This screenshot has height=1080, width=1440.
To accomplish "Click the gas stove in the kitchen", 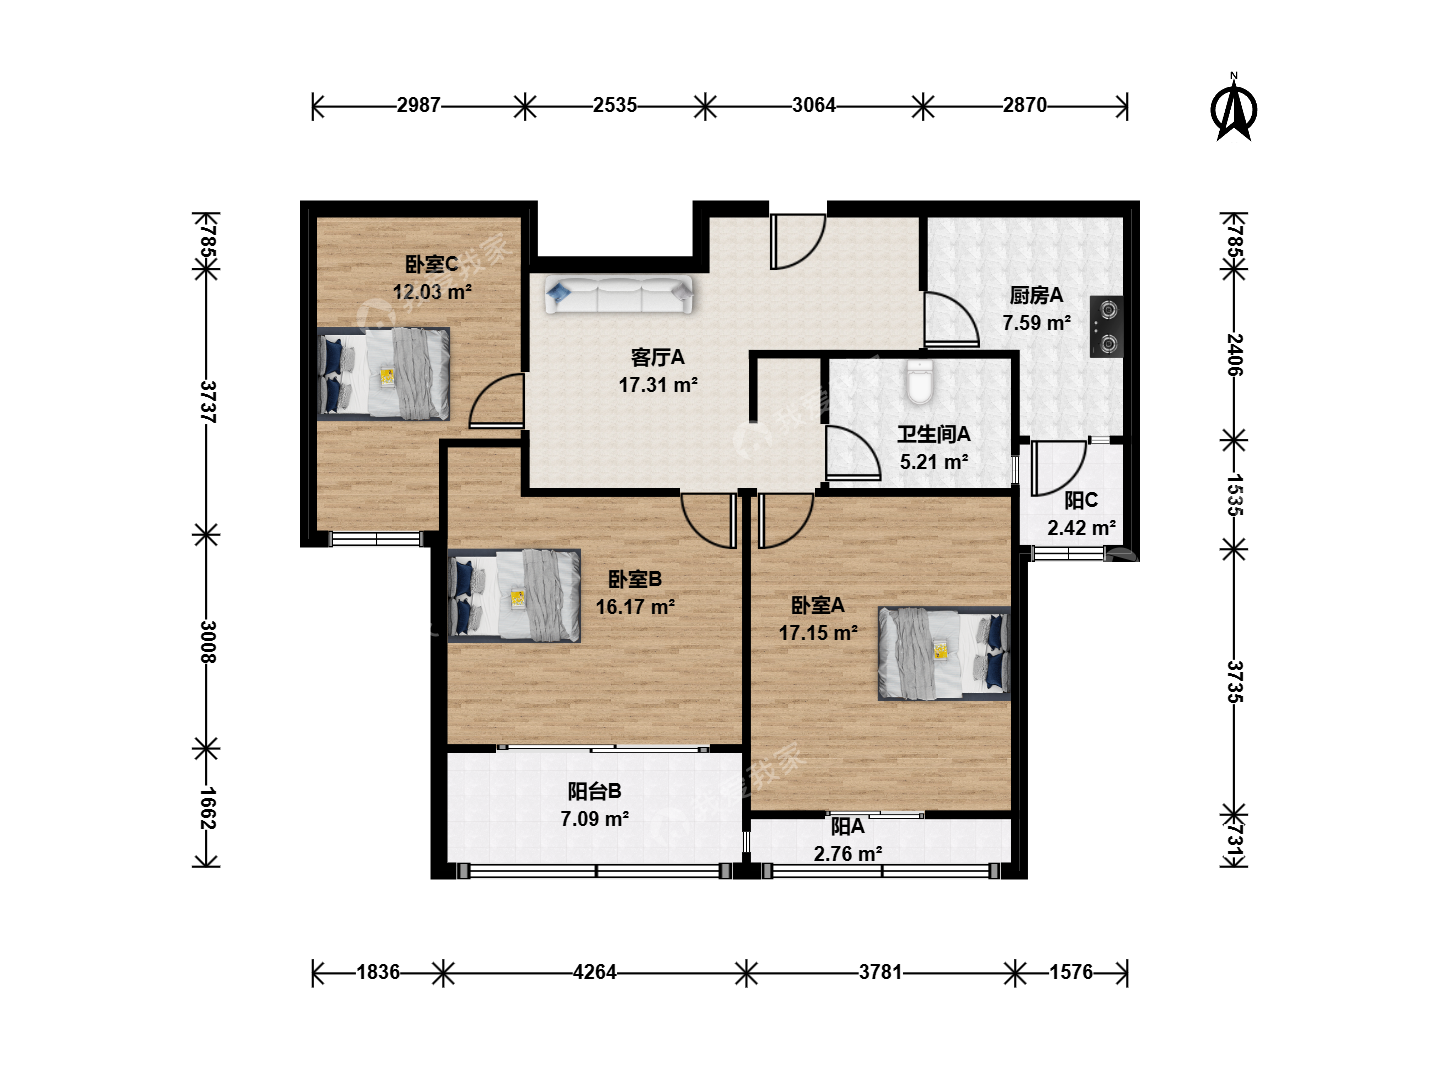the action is (1106, 327).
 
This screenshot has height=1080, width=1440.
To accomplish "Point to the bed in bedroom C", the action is (384, 373).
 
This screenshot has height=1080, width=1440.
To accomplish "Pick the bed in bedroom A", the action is (944, 653).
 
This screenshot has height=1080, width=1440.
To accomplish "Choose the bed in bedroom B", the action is (514, 595).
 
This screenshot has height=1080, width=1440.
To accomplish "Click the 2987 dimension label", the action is (418, 105).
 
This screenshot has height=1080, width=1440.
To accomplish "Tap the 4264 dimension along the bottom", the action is (594, 972).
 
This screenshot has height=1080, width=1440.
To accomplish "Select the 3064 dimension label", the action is (813, 105).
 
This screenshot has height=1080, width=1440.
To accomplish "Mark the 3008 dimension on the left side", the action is (207, 642).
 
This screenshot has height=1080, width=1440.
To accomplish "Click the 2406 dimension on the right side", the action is (1234, 354).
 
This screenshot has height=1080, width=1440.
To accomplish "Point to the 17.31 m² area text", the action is (658, 385).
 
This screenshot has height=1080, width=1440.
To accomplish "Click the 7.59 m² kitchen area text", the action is (1037, 323).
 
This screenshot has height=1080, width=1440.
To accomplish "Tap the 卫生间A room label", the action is (934, 434).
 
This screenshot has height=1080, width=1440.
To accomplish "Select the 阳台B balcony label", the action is (594, 791).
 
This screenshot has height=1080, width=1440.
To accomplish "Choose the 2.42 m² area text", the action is (1082, 528).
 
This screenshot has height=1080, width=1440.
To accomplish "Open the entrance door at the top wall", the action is (798, 241).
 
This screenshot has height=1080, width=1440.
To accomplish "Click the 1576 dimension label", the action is (1071, 972).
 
